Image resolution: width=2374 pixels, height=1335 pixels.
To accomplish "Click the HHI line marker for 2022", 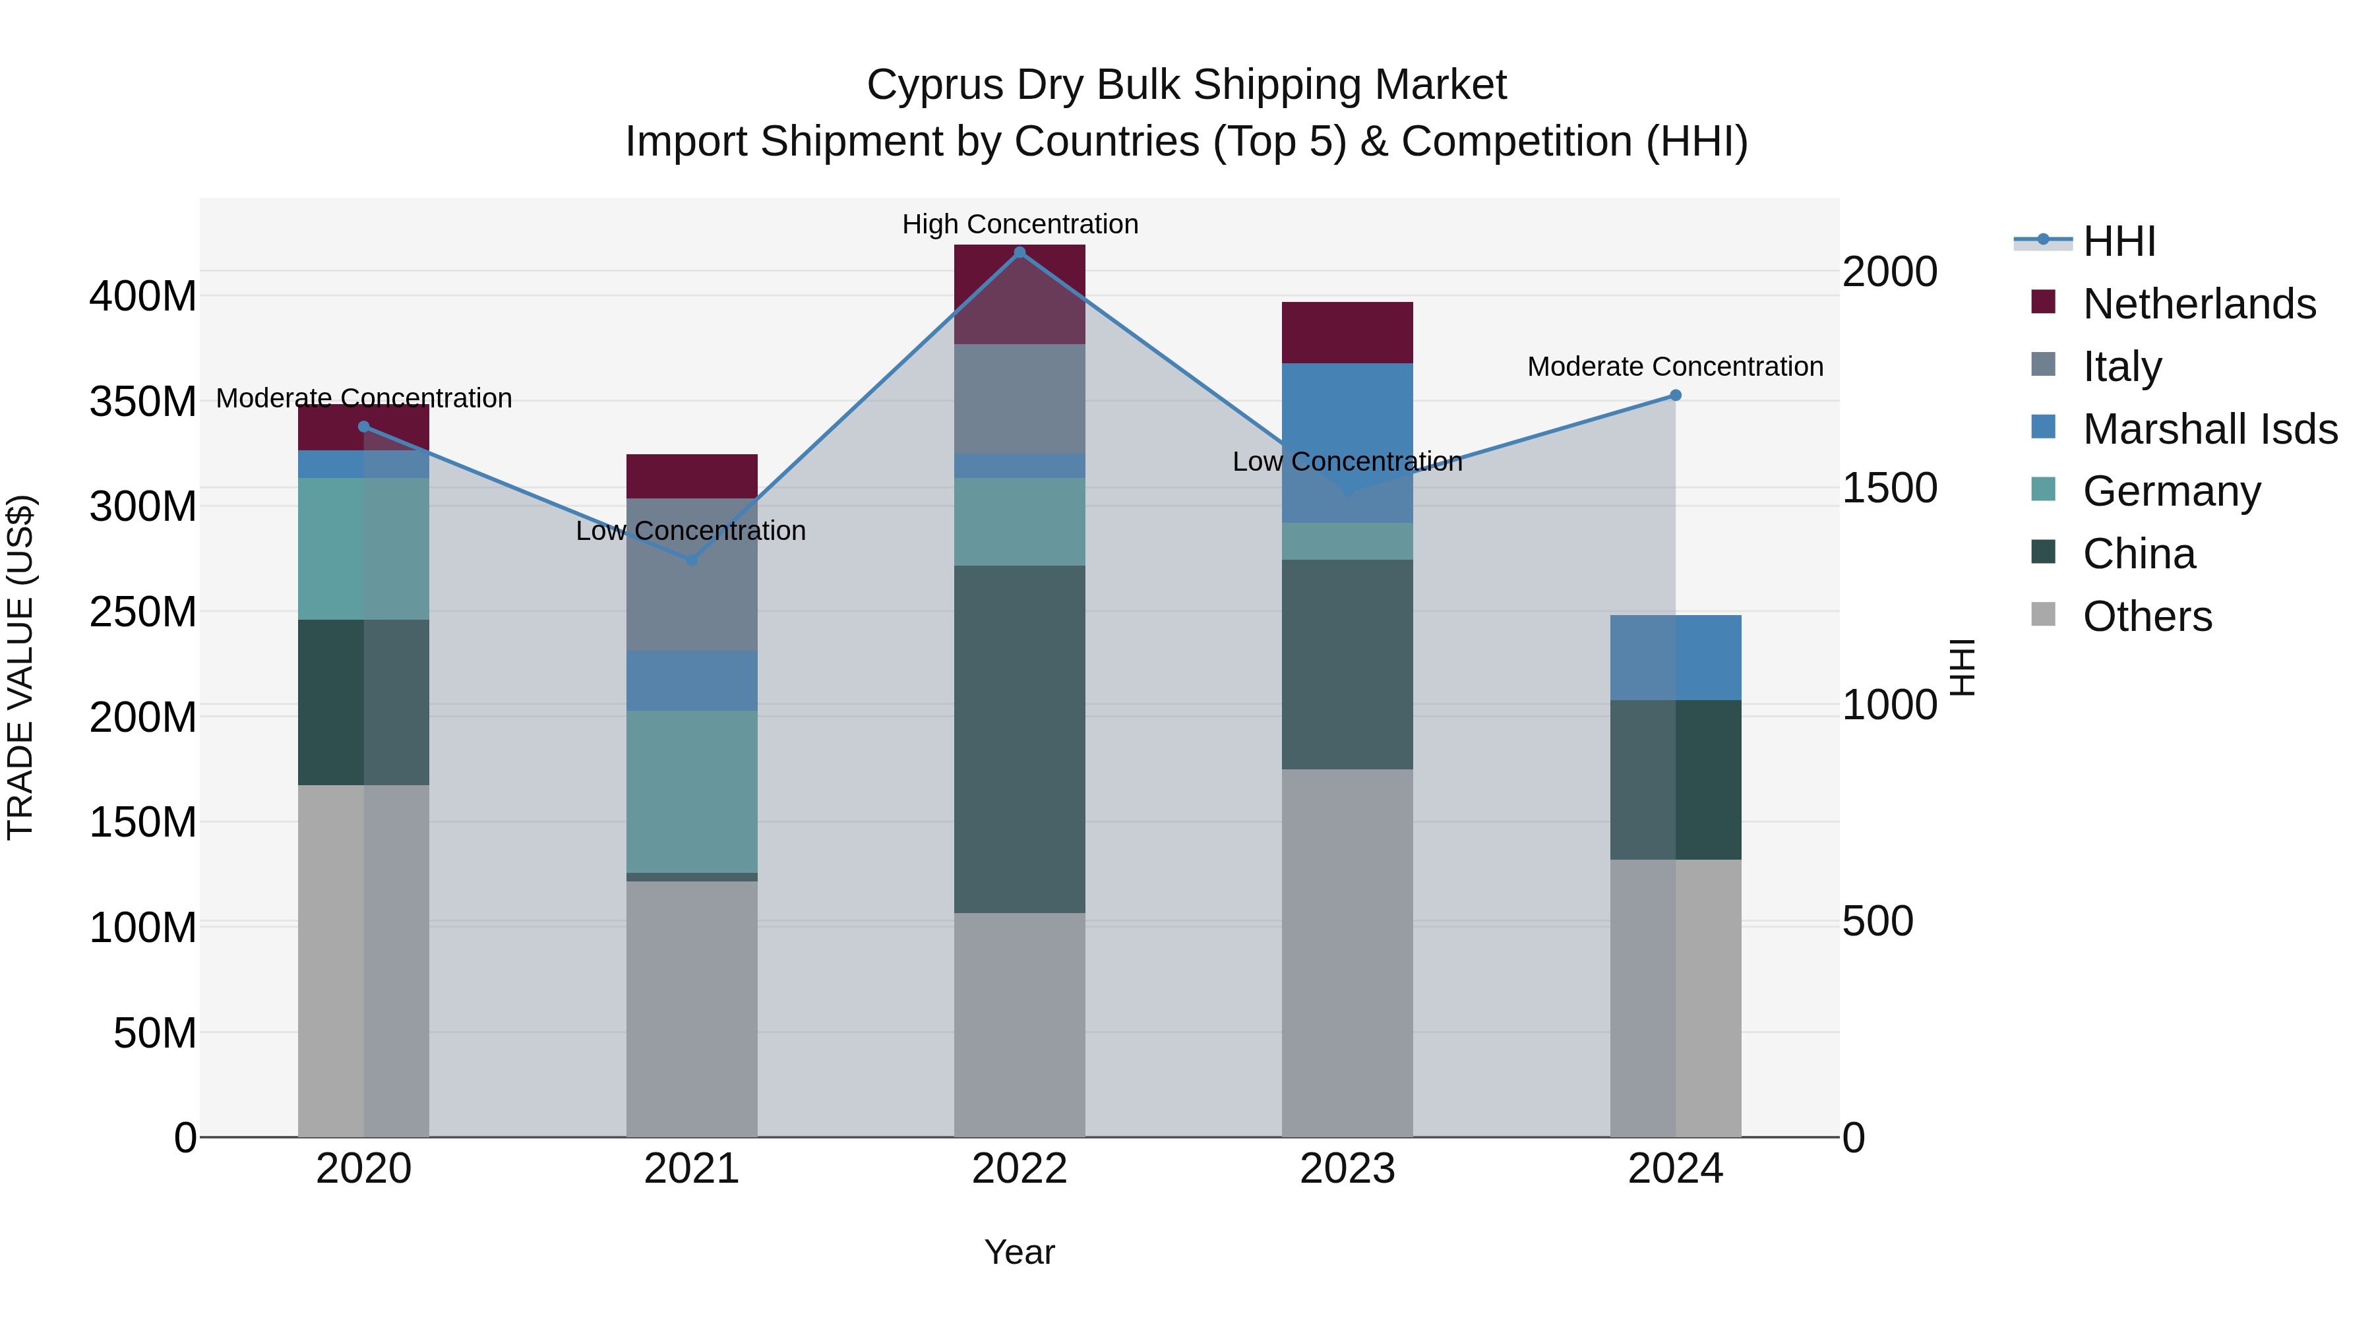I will pyautogui.click(x=1020, y=252).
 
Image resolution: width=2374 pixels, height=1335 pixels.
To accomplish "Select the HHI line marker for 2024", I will pyautogui.click(x=1676, y=396).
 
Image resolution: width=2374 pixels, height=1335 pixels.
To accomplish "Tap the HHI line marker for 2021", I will pyautogui.click(x=692, y=559).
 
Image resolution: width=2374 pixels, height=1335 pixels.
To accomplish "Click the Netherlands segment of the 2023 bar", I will pyautogui.click(x=1347, y=333).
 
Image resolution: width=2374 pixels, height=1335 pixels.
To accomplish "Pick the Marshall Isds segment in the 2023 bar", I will pyautogui.click(x=1347, y=442).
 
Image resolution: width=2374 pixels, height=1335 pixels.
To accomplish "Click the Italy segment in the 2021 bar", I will pyautogui.click(x=692, y=574).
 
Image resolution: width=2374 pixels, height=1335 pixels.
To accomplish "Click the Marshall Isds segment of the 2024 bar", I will pyautogui.click(x=1676, y=657).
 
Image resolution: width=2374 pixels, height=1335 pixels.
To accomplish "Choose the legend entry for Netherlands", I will pyautogui.click(x=2199, y=304).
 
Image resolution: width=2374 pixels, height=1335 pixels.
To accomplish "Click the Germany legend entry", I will pyautogui.click(x=2172, y=491).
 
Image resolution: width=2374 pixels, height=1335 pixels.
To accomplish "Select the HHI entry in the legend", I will pyautogui.click(x=2119, y=241).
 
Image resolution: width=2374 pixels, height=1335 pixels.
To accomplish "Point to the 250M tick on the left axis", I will pyautogui.click(x=143, y=612).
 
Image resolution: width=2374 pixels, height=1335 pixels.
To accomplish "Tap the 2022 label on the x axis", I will pyautogui.click(x=1020, y=1169).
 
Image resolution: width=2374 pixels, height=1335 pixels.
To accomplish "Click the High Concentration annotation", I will pyautogui.click(x=1020, y=224).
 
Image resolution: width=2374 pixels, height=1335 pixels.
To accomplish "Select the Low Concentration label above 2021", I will pyautogui.click(x=690, y=531).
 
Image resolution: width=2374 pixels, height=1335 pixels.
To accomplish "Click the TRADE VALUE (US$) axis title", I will pyautogui.click(x=20, y=667).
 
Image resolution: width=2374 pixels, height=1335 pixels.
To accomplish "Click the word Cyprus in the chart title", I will pyautogui.click(x=934, y=85).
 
